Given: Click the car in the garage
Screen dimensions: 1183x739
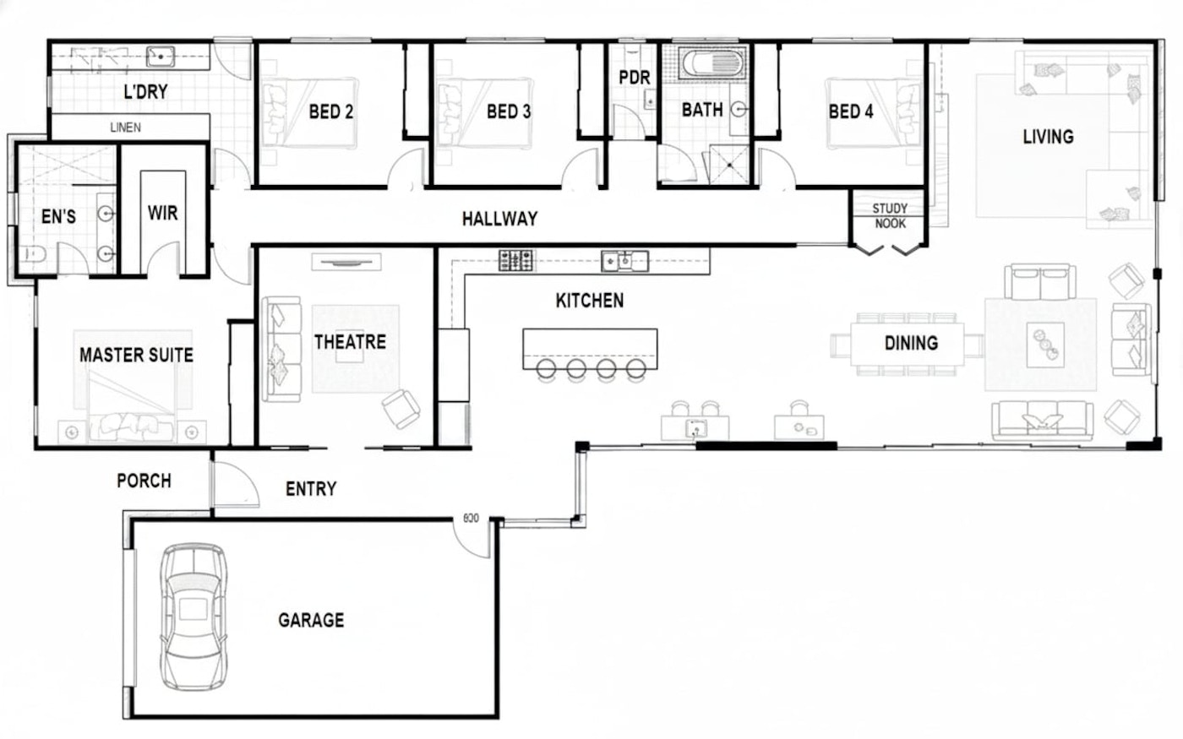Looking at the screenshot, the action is click(x=194, y=617).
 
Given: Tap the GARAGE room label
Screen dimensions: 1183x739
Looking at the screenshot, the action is click(x=311, y=620).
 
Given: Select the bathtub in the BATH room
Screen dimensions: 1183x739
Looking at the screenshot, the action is click(x=712, y=63).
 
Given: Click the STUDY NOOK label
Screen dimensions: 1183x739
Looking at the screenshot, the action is click(x=890, y=216).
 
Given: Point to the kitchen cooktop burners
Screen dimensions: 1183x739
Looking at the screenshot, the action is click(x=515, y=261).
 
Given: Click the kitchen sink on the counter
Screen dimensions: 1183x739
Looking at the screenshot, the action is click(x=624, y=261).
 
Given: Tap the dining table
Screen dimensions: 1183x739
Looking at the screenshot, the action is click(x=908, y=345).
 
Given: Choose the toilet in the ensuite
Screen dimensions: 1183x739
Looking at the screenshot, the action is click(x=32, y=254).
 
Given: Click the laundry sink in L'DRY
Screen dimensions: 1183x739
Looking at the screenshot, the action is click(x=161, y=56).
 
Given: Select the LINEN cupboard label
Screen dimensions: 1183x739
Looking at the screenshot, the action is click(x=126, y=128).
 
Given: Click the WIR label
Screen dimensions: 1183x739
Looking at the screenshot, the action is click(x=162, y=213).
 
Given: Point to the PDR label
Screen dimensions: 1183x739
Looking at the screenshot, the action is click(x=635, y=78).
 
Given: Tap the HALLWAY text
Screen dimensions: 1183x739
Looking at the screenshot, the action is click(x=499, y=219).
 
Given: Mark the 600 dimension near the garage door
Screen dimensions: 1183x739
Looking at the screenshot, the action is click(x=472, y=519).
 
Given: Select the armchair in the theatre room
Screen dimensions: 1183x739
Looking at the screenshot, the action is click(x=401, y=409).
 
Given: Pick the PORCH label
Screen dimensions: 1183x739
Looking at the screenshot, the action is click(x=144, y=481).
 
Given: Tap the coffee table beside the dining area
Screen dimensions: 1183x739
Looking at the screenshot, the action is click(x=1045, y=345).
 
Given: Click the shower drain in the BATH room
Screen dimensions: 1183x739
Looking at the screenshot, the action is click(x=729, y=165).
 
